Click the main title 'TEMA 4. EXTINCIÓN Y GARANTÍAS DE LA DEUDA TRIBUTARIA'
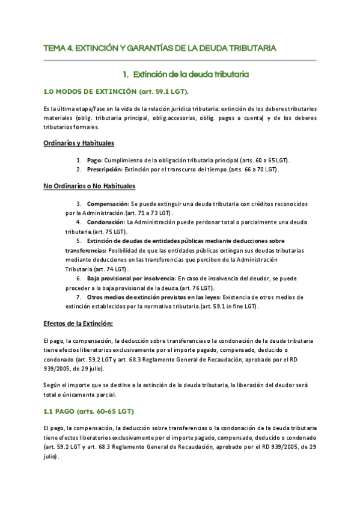pyautogui.click(x=160, y=48)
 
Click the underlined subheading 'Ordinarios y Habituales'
pyautogui.click(x=79, y=143)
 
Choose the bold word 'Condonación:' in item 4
pyautogui.click(x=106, y=223)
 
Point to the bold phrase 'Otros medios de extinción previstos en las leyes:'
pyautogui.click(x=153, y=297)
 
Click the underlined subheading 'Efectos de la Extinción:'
pyautogui.click(x=78, y=323)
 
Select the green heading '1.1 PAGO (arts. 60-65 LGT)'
pyautogui.click(x=88, y=411)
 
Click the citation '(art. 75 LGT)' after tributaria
pyautogui.click(x=113, y=232)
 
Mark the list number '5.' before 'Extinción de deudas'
pyautogui.click(x=80, y=241)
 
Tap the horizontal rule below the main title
pyautogui.click(x=180, y=60)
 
